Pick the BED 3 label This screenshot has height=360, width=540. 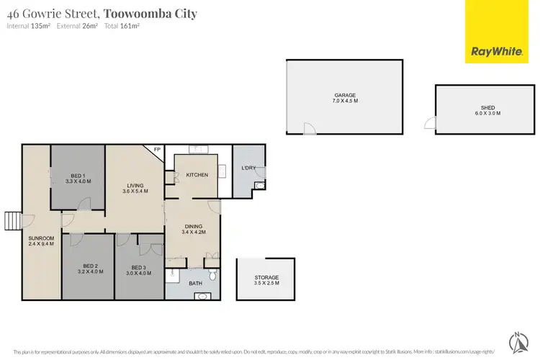pos(140,268)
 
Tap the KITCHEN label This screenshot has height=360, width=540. pos(197,175)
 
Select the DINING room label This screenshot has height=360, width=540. pos(194,228)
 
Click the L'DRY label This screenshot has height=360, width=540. pos(248,168)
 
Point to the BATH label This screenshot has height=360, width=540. pos(194,284)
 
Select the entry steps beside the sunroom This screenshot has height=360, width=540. pos(12,219)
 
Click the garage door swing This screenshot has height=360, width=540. pos(308,128)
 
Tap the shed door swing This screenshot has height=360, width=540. pos(430,124)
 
